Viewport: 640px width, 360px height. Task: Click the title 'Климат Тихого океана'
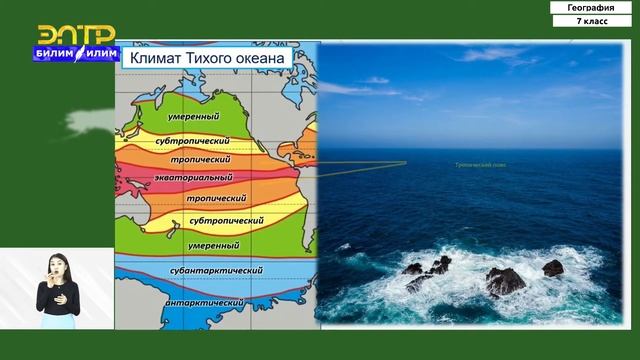pyautogui.click(x=206, y=59)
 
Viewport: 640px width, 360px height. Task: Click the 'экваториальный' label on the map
pyautogui.click(x=193, y=177)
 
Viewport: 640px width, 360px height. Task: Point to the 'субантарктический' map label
pyautogui.click(x=215, y=270)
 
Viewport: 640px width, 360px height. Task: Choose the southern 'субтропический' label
pyautogui.click(x=226, y=219)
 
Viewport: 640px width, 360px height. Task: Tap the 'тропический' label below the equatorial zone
pyautogui.click(x=216, y=198)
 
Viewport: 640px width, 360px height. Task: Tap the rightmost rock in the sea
pyautogui.click(x=553, y=268)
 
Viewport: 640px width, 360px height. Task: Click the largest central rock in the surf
pyautogui.click(x=505, y=281)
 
